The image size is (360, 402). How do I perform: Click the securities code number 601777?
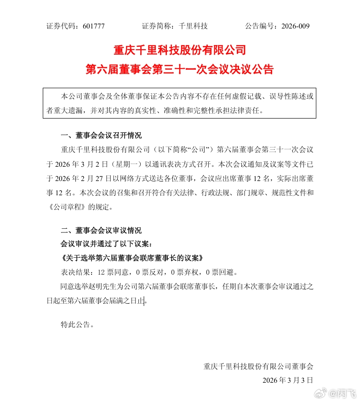click(94, 26)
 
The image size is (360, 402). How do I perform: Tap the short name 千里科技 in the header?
click(193, 26)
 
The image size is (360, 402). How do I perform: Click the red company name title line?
click(180, 49)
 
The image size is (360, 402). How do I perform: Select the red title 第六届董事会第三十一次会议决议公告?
click(180, 69)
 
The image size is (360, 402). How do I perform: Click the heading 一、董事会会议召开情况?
click(101, 136)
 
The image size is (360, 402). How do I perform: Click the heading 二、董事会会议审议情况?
click(101, 231)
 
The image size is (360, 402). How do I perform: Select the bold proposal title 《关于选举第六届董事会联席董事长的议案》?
click(132, 258)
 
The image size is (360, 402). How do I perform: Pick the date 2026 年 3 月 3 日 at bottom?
click(287, 380)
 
